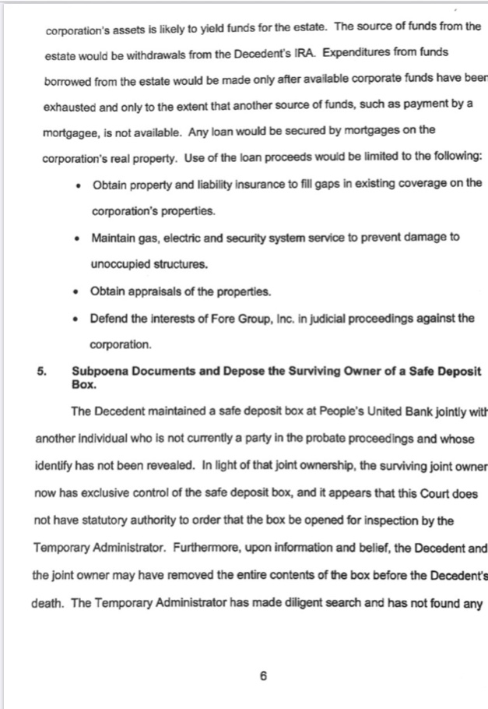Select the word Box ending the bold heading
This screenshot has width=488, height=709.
click(82, 385)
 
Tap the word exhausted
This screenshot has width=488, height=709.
click(70, 104)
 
